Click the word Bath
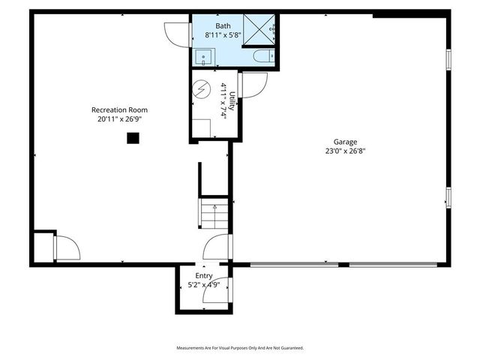pyautogui.click(x=223, y=26)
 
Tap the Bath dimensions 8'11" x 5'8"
pyautogui.click(x=223, y=34)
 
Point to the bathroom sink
pyautogui.click(x=203, y=56)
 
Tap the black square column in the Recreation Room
pyautogui.click(x=133, y=137)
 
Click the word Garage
pyautogui.click(x=345, y=142)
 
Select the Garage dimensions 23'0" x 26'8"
pyautogui.click(x=345, y=151)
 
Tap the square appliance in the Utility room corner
pyautogui.click(x=200, y=127)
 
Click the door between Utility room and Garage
pyautogui.click(x=252, y=85)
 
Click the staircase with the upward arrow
pyautogui.click(x=214, y=212)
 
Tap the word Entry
pyautogui.click(x=204, y=276)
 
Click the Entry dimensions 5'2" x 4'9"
pyautogui.click(x=204, y=284)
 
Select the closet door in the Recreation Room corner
pyautogui.click(x=66, y=248)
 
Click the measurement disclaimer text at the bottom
pyautogui.click(x=240, y=348)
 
